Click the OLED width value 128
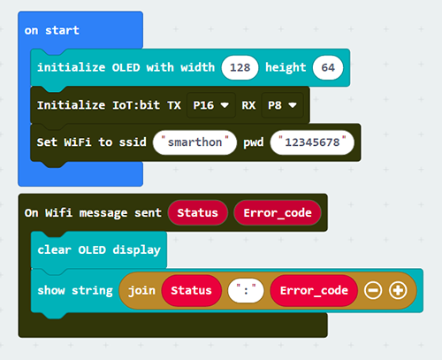[x=240, y=67]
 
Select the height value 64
[x=328, y=67]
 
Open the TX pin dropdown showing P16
[x=211, y=105]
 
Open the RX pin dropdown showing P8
[x=282, y=105]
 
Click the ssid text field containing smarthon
[x=194, y=142]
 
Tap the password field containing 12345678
[x=312, y=142]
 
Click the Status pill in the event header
[x=197, y=212]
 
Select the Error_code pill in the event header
[x=278, y=212]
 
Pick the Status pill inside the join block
[x=191, y=290]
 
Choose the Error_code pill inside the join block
[x=314, y=290]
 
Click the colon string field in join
[x=246, y=290]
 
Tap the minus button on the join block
[x=373, y=290]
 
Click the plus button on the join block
[x=398, y=290]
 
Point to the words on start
[x=52, y=30]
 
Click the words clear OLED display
[x=99, y=250]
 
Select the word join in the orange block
[x=141, y=291]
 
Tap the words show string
[x=75, y=291]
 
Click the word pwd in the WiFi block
[x=254, y=142]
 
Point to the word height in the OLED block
[x=286, y=67]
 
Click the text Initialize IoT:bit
[x=98, y=105]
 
